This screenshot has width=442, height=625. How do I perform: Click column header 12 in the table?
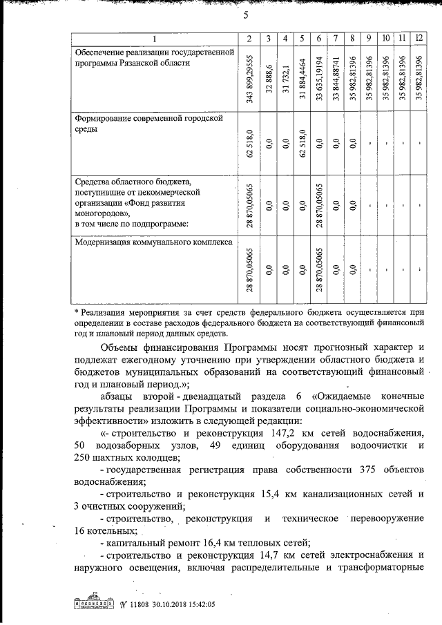pyautogui.click(x=419, y=37)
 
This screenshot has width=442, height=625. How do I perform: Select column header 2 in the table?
pyautogui.click(x=249, y=37)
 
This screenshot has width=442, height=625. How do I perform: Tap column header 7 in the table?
pyautogui.click(x=335, y=37)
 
